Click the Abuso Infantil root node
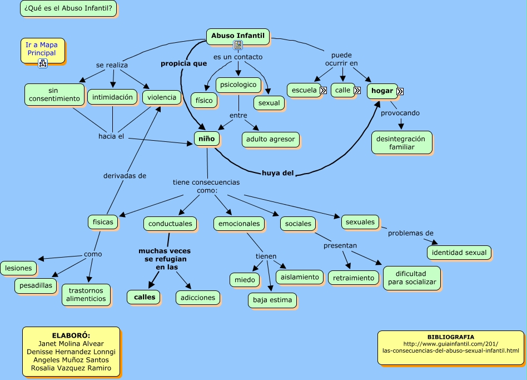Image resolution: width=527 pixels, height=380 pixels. [x=237, y=36]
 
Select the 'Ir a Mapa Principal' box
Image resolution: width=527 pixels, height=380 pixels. [x=41, y=49]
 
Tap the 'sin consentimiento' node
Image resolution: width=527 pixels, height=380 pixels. [x=54, y=94]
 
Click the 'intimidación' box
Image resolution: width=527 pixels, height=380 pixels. [x=112, y=97]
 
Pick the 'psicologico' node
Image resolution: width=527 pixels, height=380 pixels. [x=238, y=85]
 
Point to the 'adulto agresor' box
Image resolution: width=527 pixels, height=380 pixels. [x=271, y=139]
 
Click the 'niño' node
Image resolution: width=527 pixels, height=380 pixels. [x=206, y=137]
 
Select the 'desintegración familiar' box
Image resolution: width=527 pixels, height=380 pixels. [x=401, y=142]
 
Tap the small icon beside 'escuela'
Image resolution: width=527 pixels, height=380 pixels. [x=323, y=90]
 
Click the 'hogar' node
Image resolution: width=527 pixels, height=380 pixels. [x=382, y=91]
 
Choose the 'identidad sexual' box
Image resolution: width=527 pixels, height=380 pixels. [x=459, y=252]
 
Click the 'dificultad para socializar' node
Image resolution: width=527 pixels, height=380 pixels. [x=411, y=278]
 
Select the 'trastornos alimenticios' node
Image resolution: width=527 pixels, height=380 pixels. [x=86, y=294]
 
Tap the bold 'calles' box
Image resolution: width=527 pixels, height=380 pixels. [x=145, y=297]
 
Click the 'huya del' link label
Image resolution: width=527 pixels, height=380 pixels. [x=277, y=172]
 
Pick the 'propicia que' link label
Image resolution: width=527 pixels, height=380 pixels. [x=183, y=63]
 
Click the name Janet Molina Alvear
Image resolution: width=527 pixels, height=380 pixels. [x=70, y=344]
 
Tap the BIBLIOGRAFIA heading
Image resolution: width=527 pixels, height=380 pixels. [x=450, y=337]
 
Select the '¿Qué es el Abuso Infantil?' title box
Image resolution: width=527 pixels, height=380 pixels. [x=68, y=8]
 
